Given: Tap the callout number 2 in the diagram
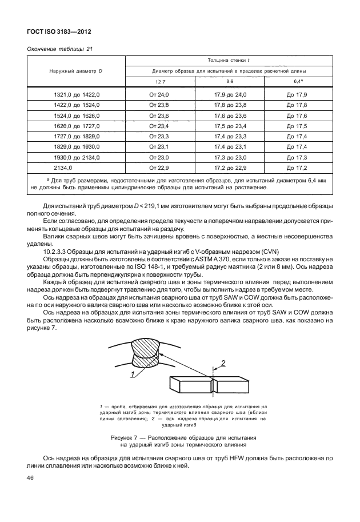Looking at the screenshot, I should tap(223, 362).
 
